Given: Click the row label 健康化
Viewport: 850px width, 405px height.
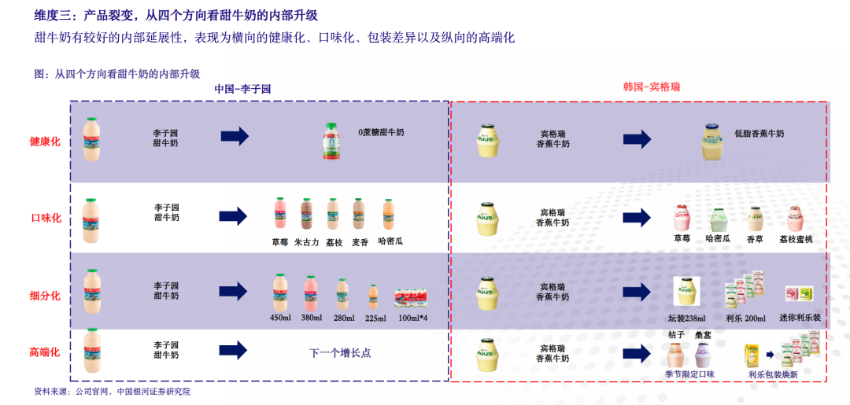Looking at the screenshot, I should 44,142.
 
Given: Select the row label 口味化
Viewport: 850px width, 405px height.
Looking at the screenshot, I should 45,218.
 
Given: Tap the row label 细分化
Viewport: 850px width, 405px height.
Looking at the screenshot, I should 45,296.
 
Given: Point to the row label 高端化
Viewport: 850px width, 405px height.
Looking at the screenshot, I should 45,353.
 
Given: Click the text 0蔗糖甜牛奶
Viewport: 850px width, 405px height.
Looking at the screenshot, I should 381,134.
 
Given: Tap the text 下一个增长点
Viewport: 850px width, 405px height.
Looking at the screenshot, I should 339,353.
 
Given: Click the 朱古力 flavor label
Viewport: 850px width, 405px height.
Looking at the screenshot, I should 307,242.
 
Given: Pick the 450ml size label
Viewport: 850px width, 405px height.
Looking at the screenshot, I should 280,318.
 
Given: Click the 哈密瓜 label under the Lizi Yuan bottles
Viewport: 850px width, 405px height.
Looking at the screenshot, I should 390,241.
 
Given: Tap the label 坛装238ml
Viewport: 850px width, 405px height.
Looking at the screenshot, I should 686,318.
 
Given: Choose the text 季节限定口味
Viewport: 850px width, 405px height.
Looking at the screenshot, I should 689,375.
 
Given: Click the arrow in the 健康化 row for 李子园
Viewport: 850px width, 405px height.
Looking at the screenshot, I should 234,138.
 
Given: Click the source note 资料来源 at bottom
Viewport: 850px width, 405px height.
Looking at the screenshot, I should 112,392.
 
